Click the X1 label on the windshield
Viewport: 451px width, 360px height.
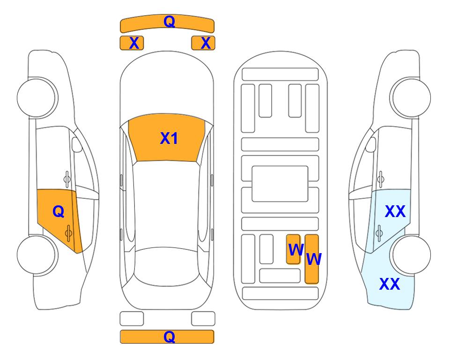click(x=169, y=138)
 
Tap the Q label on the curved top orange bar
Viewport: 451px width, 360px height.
click(x=169, y=22)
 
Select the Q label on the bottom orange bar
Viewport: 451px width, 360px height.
click(x=169, y=337)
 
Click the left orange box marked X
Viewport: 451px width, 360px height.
click(x=132, y=43)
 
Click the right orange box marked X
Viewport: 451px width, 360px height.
click(x=203, y=43)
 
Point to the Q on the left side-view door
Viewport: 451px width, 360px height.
click(x=59, y=212)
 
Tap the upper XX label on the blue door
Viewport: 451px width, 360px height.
click(x=395, y=211)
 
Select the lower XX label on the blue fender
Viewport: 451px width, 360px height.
click(x=390, y=284)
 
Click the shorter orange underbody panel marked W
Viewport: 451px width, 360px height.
click(x=293, y=249)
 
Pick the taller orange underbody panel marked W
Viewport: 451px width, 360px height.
click(x=312, y=259)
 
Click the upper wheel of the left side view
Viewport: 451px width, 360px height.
click(x=37, y=97)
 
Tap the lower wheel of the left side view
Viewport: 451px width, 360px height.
click(x=37, y=255)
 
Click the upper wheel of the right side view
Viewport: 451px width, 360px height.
click(x=410, y=97)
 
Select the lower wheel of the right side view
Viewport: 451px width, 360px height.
click(x=410, y=255)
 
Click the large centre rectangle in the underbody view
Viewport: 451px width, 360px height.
click(x=280, y=184)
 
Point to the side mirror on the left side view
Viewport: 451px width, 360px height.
click(x=76, y=144)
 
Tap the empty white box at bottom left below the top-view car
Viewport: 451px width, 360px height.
click(x=132, y=319)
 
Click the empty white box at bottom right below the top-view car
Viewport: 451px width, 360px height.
click(x=203, y=319)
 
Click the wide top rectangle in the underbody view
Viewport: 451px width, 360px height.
click(x=280, y=75)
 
